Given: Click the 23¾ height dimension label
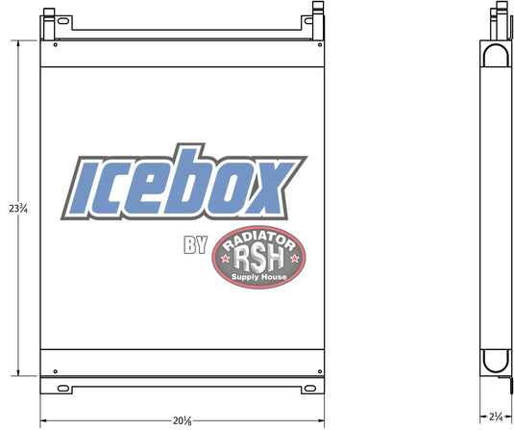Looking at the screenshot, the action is click(x=18, y=208).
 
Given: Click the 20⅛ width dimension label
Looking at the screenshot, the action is click(x=183, y=420).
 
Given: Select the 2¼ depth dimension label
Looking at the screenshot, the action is click(x=496, y=417).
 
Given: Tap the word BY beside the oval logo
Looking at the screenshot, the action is click(x=195, y=245).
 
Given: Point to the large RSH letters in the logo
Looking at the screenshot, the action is click(x=258, y=259).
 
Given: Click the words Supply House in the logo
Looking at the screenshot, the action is click(x=259, y=277).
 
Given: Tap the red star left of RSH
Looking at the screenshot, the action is click(x=226, y=259).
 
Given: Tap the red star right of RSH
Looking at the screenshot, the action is click(x=294, y=259).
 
